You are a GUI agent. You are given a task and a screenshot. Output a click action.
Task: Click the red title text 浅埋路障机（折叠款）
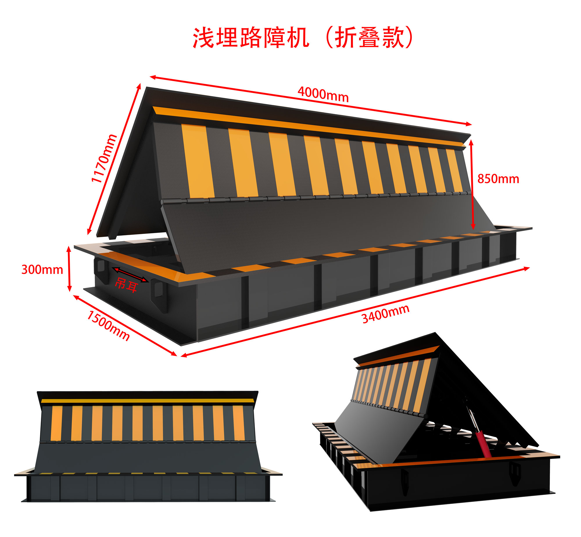[x=303, y=38]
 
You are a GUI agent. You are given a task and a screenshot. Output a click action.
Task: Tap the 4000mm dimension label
[x=323, y=94]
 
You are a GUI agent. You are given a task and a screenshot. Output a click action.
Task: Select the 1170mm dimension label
[x=104, y=159]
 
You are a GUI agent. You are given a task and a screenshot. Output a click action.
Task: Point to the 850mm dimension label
[x=498, y=179]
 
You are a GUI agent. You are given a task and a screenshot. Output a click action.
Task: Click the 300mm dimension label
[x=42, y=270]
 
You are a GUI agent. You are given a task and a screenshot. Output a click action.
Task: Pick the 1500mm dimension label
[x=108, y=325]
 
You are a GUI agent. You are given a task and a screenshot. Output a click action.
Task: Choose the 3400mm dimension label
[x=386, y=314]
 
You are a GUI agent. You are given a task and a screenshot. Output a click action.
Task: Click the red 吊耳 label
[x=126, y=284]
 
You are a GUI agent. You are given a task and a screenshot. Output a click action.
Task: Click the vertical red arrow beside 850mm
[x=472, y=184]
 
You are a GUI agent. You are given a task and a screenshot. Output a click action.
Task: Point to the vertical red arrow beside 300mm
[x=69, y=269]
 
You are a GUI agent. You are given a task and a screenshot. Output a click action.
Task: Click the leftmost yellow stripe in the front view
[x=56, y=423]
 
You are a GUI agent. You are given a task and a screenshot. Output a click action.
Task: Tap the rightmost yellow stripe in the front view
[x=239, y=423]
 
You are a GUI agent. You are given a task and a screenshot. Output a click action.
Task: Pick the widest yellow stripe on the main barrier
[x=198, y=161]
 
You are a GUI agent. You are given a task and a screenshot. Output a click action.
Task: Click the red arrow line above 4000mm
[x=311, y=101]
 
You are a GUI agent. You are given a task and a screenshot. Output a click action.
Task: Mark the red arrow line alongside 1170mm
[x=114, y=159]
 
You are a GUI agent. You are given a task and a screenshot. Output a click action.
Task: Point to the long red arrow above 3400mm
[x=355, y=312]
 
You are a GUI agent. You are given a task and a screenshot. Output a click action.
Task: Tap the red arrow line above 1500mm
[x=125, y=325]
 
